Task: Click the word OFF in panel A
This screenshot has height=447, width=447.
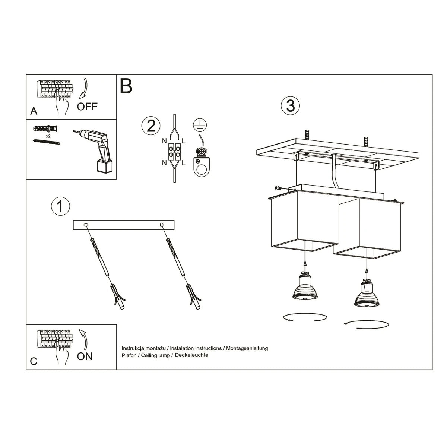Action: click(87, 107)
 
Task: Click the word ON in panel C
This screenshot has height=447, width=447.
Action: click(85, 356)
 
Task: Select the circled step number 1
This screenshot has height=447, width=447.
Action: click(60, 206)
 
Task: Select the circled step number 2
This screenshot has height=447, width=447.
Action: click(151, 126)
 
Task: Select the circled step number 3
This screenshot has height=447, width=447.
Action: click(290, 106)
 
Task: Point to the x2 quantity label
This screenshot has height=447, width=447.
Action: click(48, 136)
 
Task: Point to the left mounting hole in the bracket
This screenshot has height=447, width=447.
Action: click(86, 225)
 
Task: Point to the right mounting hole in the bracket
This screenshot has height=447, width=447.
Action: click(161, 225)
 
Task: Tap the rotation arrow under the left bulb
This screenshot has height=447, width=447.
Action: click(305, 317)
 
